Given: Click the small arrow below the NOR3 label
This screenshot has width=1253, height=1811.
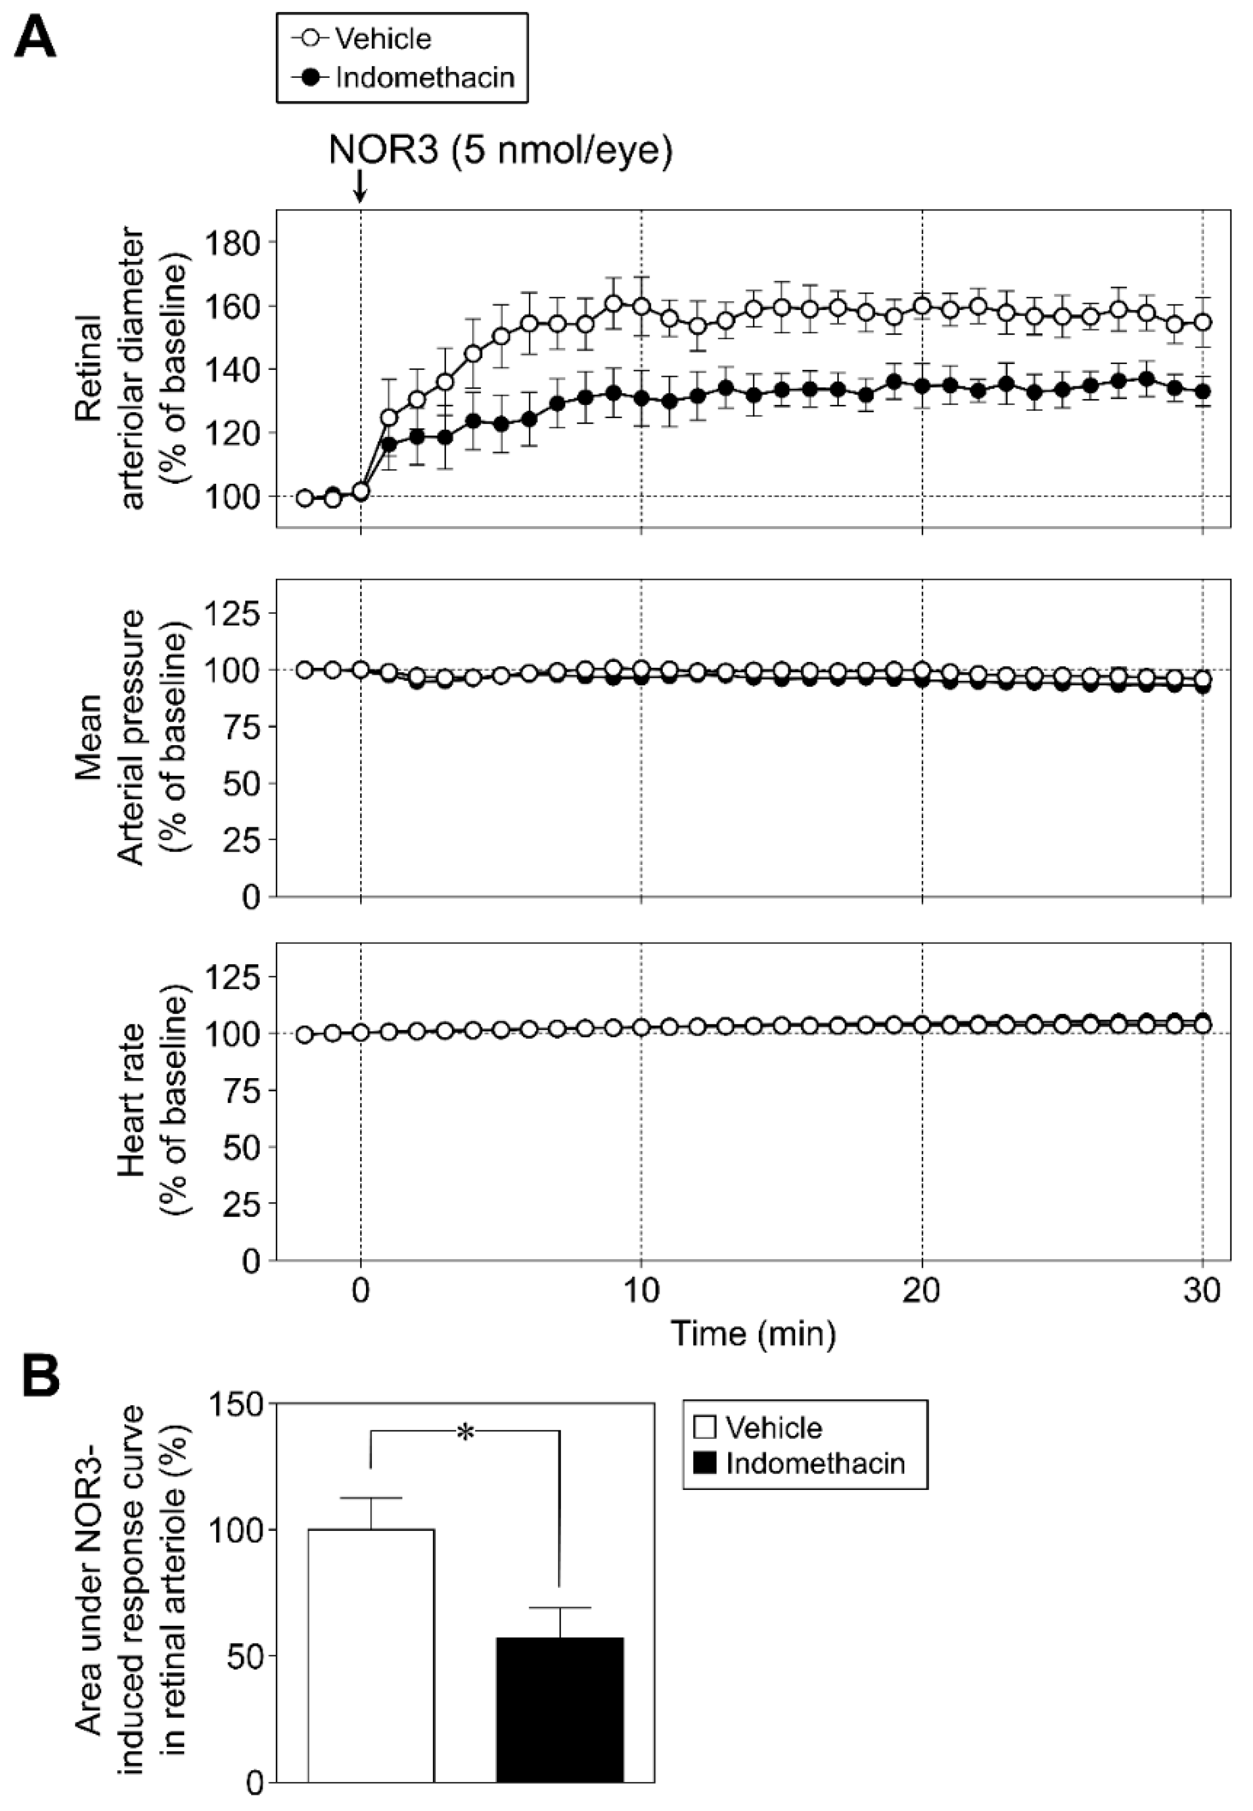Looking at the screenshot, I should [x=360, y=187].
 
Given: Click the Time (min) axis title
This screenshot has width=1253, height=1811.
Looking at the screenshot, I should [x=753, y=1334].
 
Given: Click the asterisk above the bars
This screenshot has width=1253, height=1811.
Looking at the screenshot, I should [x=466, y=1432].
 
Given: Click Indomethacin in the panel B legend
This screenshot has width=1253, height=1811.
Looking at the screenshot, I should [x=815, y=1463].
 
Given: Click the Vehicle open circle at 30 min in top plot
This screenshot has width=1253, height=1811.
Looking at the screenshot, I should [x=1202, y=322].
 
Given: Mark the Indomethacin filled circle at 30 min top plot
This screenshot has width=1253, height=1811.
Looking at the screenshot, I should [x=1202, y=391].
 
